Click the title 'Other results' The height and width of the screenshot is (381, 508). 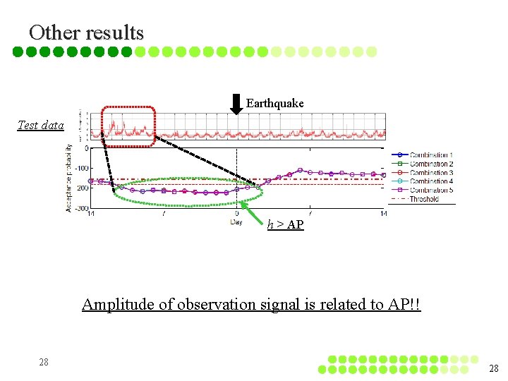tap(86, 32)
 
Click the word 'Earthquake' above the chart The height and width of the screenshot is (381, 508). tap(274, 103)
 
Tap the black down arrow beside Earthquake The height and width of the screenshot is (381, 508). tap(236, 103)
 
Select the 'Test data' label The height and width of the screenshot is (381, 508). tap(40, 125)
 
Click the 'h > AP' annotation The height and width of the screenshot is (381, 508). tap(285, 224)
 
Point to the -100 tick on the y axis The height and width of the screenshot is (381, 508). tap(83, 168)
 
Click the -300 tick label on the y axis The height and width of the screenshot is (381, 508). tap(83, 208)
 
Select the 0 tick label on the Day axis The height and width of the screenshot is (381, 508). tap(236, 213)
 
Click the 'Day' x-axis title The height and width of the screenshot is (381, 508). tap(236, 222)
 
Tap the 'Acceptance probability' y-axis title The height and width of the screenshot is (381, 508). tap(69, 178)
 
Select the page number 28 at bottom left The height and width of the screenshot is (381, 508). tap(44, 361)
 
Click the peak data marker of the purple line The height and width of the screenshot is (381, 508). tap(300, 170)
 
